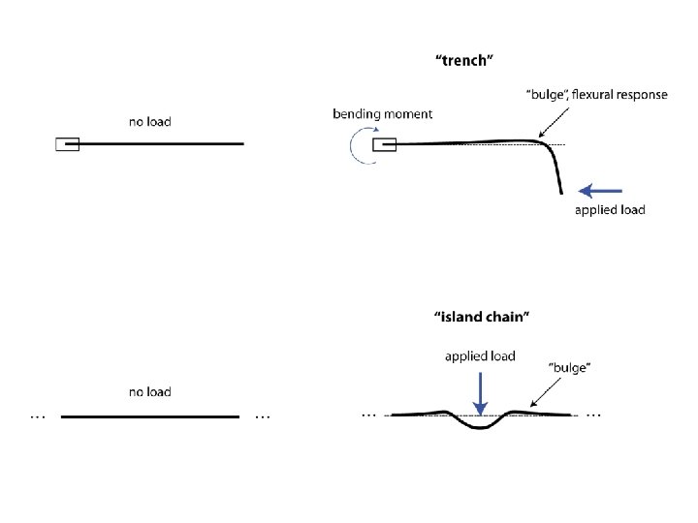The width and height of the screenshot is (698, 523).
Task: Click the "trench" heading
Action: tap(464, 60)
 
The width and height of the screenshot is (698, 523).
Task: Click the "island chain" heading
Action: tap(481, 316)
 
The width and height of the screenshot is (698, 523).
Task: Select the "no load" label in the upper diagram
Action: tap(149, 122)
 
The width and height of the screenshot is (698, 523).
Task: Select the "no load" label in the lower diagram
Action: tap(149, 392)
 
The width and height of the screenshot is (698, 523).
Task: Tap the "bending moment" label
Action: tap(382, 114)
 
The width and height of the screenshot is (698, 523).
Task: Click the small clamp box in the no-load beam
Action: tap(67, 145)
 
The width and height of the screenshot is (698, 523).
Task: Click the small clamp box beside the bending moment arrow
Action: tap(384, 145)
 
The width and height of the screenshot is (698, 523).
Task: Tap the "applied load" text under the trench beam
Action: tap(610, 210)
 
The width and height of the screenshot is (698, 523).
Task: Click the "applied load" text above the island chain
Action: tap(480, 356)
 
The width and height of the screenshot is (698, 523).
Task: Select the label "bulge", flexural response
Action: tap(595, 94)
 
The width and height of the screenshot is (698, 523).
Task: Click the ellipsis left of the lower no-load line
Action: tap(38, 417)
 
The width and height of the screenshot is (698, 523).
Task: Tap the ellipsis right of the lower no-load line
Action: tap(262, 417)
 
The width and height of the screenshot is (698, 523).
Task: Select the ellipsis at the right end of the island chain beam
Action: tap(594, 415)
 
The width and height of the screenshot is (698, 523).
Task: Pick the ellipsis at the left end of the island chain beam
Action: tap(368, 415)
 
